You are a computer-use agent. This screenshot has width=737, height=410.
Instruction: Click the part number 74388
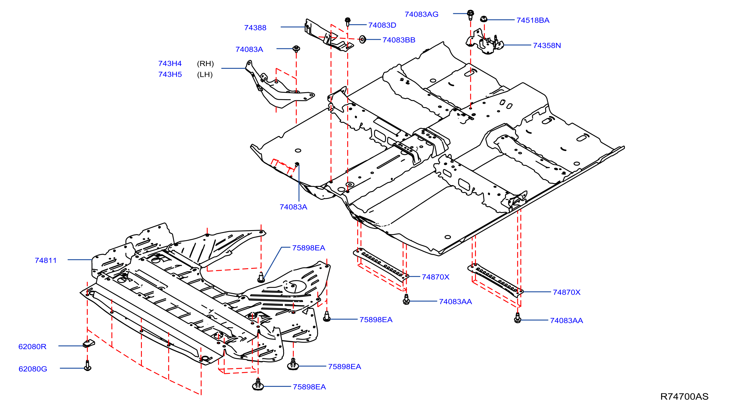pos(255,28)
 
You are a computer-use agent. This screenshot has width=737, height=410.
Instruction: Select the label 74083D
pos(382,25)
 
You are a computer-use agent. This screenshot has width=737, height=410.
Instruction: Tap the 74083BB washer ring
pos(362,39)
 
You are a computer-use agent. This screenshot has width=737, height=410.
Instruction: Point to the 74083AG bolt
pos(470,15)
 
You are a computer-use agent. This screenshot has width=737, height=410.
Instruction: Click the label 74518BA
pos(533,20)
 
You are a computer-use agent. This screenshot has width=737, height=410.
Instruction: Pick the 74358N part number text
pos(547,46)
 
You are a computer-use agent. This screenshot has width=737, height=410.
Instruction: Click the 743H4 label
pos(170,63)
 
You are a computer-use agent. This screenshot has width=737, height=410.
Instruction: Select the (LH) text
pos(205,74)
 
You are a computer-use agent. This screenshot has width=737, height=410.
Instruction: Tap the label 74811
pos(46,260)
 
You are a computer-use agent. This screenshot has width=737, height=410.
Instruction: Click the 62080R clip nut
pos(89,343)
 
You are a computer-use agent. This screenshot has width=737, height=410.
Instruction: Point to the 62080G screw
pos(88,365)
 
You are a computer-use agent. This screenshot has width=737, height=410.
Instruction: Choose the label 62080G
pos(33,369)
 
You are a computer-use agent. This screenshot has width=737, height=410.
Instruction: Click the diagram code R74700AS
pos(684,396)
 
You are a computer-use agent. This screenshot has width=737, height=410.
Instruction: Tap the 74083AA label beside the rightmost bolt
pos(566,320)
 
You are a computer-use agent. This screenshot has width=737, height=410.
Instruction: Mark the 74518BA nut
pos(484,19)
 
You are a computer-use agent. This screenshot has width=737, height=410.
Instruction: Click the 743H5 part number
pos(170,74)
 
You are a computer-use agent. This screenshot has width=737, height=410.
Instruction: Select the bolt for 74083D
pos(348,21)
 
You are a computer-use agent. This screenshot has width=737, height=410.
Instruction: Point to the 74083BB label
pos(399,40)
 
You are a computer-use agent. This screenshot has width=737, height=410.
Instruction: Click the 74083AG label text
pos(421,14)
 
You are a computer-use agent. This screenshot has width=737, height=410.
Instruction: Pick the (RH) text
pos(205,64)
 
